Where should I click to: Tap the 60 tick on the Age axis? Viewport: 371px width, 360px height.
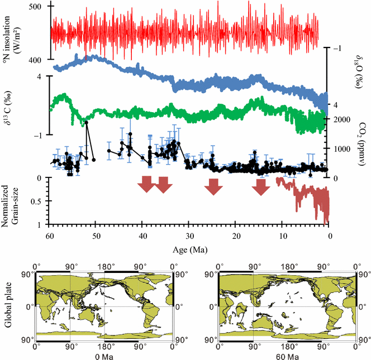click(x=50, y=235)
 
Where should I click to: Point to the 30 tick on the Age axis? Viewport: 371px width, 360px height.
click(x=189, y=235)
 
